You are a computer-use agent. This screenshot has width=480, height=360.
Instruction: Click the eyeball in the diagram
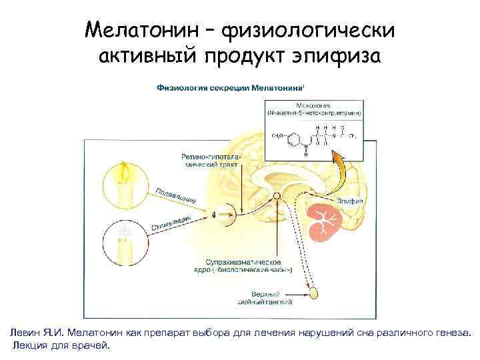(x=215, y=215)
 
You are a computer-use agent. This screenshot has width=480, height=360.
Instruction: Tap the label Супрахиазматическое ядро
(x=249, y=265)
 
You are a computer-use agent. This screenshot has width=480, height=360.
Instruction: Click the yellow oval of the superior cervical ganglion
(x=313, y=292)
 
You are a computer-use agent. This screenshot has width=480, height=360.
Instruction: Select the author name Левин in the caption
(x=25, y=331)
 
